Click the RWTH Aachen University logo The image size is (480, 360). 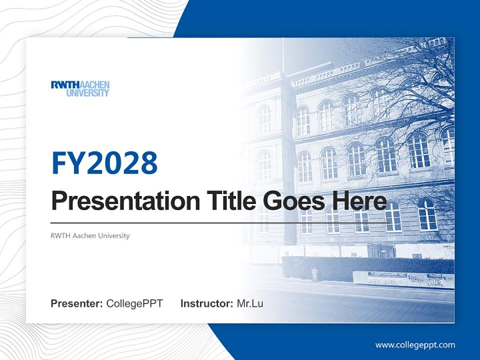tap(80, 88)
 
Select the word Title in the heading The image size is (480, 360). tap(228, 201)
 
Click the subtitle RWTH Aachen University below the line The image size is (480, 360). tap(90, 235)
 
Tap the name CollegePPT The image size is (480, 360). tap(134, 303)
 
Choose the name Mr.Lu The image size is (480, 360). tap(250, 303)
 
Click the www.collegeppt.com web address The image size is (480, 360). tap(415, 344)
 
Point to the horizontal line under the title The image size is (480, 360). tap(220, 222)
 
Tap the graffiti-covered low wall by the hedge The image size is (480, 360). tap(400, 280)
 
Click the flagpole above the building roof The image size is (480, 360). tap(282, 52)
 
